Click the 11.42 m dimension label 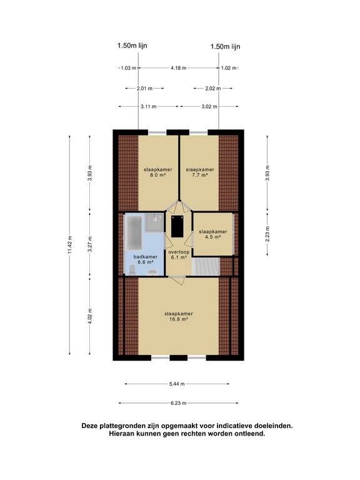pyautogui.click(x=70, y=244)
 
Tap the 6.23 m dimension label pyautogui.click(x=178, y=403)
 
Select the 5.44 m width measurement pyautogui.click(x=177, y=384)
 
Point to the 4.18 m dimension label pyautogui.click(x=179, y=68)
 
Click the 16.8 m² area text pyautogui.click(x=179, y=319)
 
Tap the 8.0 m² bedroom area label pyautogui.click(x=158, y=175)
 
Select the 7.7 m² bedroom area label pyautogui.click(x=200, y=175)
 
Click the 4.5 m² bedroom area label pyautogui.click(x=213, y=237)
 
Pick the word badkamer pyautogui.click(x=146, y=257)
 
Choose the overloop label pyautogui.click(x=179, y=252)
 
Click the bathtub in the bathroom pyautogui.click(x=134, y=232)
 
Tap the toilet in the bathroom pyautogui.click(x=132, y=270)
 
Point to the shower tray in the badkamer pyautogui.click(x=154, y=222)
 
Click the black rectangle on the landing pyautogui.click(x=177, y=226)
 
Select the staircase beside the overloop pyautogui.click(x=206, y=267)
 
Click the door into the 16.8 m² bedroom pyautogui.click(x=177, y=280)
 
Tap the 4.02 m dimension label pyautogui.click(x=90, y=316)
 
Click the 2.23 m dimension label pyautogui.click(x=267, y=234)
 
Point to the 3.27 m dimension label pyautogui.click(x=90, y=244)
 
